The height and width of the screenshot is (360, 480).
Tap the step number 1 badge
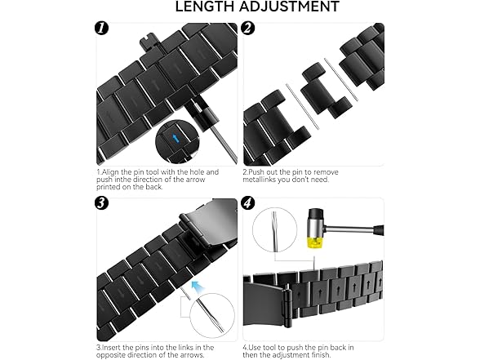coord(101,28)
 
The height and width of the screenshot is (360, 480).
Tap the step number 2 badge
coord(248,28)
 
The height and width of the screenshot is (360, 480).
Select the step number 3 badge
coord(101,203)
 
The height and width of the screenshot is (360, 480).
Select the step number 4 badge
coord(248,203)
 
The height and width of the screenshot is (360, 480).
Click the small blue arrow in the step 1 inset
coord(176,139)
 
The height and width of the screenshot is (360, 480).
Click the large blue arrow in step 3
coord(198,287)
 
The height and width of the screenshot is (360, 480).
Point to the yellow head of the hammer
coord(315,240)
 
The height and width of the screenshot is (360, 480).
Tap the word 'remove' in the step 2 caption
coord(326,172)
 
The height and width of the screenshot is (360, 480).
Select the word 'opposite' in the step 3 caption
coord(110,355)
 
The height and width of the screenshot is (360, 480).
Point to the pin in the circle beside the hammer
coord(275,231)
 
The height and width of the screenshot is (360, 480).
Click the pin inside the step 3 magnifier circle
coord(210,315)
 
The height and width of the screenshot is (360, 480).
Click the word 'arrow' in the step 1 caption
coord(193,180)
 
